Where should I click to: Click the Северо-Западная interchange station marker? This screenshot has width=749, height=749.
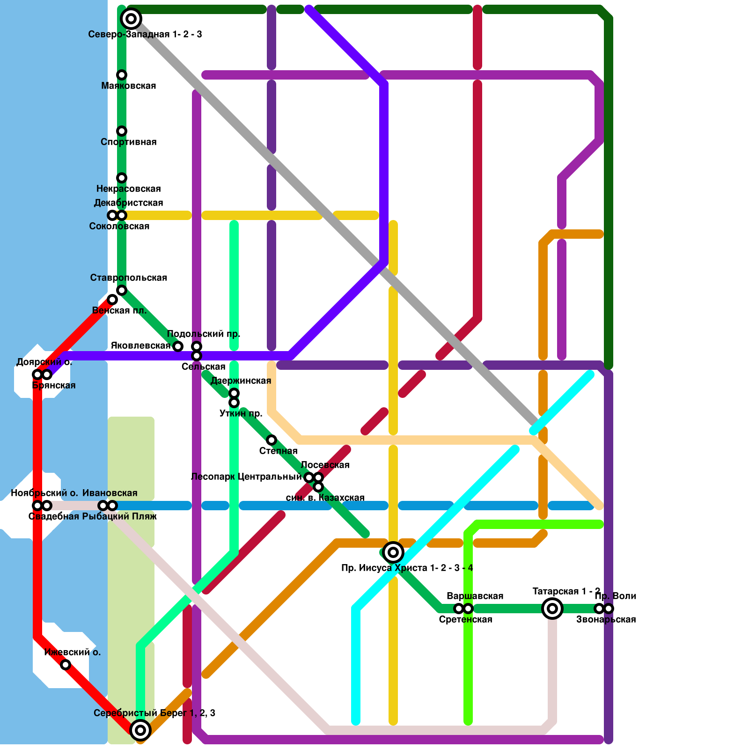point(131,19)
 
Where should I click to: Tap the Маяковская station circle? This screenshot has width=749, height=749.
point(122,75)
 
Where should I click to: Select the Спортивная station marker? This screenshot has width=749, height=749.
point(122,131)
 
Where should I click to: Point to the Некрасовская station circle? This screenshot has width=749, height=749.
point(122,178)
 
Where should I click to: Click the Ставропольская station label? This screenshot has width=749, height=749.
point(129,278)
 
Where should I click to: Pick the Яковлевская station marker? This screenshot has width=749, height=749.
point(178,346)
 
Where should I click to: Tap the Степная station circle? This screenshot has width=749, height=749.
point(272,440)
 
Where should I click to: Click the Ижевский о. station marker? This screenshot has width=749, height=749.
point(66,665)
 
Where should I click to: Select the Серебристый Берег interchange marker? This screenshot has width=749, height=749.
point(140,730)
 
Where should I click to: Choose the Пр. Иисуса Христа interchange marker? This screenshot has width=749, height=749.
point(393,552)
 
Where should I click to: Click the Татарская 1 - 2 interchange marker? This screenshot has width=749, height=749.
point(552,609)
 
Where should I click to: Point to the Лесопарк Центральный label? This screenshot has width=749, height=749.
point(246,477)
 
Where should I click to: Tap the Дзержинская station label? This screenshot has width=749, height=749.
point(241,381)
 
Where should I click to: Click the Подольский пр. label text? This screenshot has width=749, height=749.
point(204,334)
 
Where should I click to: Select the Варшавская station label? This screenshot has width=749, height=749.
point(475,596)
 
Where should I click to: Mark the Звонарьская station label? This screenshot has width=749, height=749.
point(606,619)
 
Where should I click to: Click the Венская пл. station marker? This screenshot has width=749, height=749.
point(112,300)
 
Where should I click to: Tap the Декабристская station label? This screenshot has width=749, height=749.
point(128,203)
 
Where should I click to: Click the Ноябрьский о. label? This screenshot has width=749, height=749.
point(44,493)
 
